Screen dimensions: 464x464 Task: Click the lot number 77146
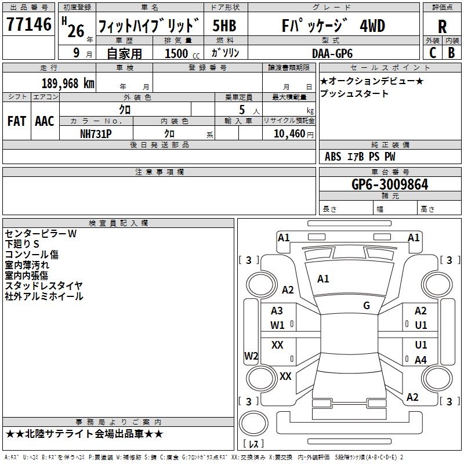(28, 26)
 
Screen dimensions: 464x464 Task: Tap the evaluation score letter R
(443, 27)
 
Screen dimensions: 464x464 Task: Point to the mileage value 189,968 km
(68, 83)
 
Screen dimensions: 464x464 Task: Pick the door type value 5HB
(224, 26)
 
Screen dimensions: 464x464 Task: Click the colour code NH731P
(96, 133)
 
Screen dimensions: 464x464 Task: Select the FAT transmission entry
(16, 121)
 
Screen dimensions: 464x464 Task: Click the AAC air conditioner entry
(44, 121)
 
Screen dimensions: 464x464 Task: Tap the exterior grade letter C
(432, 52)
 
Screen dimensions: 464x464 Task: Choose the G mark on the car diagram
(366, 306)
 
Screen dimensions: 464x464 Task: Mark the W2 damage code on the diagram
(251, 356)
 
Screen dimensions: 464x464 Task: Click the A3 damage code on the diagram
(277, 311)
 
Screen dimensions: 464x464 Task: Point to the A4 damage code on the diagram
(420, 360)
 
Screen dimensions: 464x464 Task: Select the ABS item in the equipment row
(333, 157)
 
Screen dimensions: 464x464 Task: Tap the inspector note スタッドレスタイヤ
(43, 285)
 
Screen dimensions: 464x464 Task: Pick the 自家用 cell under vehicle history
(124, 53)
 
